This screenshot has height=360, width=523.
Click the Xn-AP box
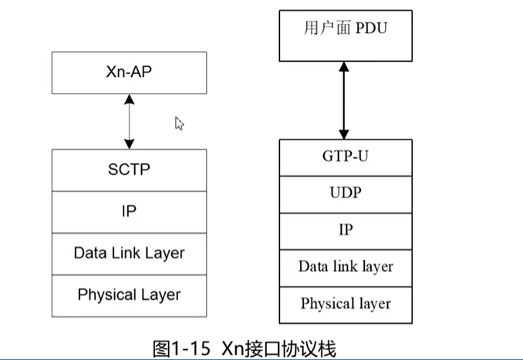129,72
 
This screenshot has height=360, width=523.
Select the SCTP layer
129,168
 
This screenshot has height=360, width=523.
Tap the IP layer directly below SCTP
129,210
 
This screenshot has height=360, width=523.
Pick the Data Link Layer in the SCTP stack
129,252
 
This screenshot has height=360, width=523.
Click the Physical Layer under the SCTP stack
129,294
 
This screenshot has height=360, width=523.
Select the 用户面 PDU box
346,35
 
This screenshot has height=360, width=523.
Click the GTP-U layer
346,157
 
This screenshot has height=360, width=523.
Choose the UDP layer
346,193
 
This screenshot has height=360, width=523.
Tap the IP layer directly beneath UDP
346,230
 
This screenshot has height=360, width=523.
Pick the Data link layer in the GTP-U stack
346,267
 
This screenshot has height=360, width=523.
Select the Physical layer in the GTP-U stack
346,303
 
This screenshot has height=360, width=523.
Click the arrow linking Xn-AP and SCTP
129,122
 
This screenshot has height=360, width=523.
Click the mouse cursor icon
179,123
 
